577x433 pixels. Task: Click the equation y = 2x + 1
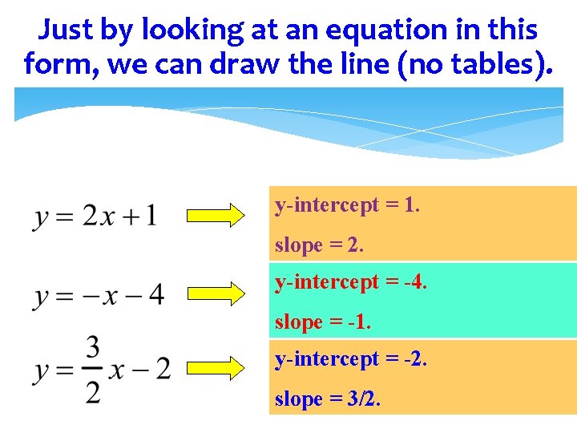pos(95,216)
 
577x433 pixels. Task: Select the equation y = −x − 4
pos(99,294)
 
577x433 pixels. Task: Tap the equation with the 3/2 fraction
pos(102,370)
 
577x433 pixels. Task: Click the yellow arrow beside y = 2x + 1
pos(216,216)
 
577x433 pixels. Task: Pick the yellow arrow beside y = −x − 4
pos(216,293)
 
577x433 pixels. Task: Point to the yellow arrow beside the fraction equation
pos(216,368)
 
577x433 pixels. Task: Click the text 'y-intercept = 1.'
pos(347,206)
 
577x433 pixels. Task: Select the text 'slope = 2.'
pos(319,245)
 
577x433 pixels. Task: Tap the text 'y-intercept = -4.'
pos(351,282)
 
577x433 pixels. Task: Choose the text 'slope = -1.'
pos(323,322)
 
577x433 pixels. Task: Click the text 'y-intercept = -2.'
pos(351,360)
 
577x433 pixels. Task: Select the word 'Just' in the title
pos(66,30)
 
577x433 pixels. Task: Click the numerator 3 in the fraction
pos(93,349)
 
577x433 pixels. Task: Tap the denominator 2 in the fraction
pos(93,392)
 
